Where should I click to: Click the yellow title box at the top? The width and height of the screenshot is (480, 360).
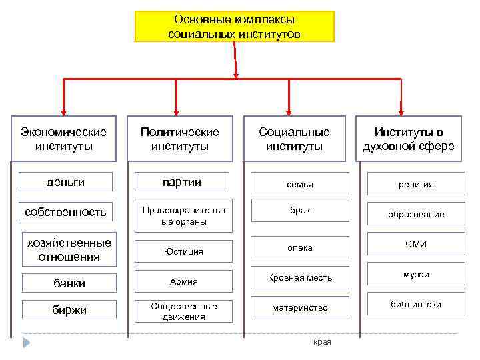click(x=235, y=26)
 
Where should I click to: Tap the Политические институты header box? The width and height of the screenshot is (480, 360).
click(x=179, y=139)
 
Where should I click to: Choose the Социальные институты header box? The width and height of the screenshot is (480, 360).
click(x=294, y=139)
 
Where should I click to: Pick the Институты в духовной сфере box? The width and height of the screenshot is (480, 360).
click(x=408, y=139)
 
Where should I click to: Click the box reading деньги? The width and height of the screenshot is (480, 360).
click(x=65, y=181)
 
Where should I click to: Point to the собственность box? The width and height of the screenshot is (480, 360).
click(x=65, y=212)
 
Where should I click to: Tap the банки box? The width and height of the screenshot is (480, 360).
click(x=69, y=283)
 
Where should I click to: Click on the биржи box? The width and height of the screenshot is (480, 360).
click(x=69, y=310)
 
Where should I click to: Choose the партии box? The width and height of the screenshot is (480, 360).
click(x=183, y=182)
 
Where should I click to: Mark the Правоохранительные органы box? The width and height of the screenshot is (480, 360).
click(x=183, y=215)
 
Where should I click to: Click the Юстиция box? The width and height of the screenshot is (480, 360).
click(x=183, y=251)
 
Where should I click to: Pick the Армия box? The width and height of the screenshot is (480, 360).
click(x=183, y=282)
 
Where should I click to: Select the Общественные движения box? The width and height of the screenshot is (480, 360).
click(x=183, y=311)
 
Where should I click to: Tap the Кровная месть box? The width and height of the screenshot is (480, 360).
click(x=299, y=277)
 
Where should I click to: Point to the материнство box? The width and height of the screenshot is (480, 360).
click(x=299, y=308)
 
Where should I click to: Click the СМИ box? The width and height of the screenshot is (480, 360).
click(x=416, y=245)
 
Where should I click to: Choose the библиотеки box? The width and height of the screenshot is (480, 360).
click(x=416, y=305)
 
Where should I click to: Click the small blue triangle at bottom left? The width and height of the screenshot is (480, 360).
click(x=27, y=343)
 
